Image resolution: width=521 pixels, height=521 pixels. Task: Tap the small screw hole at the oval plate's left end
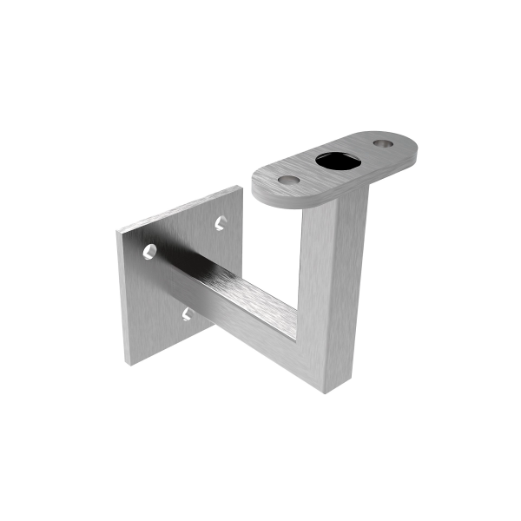click(289, 180)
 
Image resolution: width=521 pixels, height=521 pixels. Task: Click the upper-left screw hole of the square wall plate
click(151, 252)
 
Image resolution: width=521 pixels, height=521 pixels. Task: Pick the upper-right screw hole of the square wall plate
click(221, 223)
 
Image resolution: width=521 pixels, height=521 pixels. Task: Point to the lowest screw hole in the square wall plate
click(188, 312)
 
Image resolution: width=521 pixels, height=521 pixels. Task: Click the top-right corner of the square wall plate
click(234, 189)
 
